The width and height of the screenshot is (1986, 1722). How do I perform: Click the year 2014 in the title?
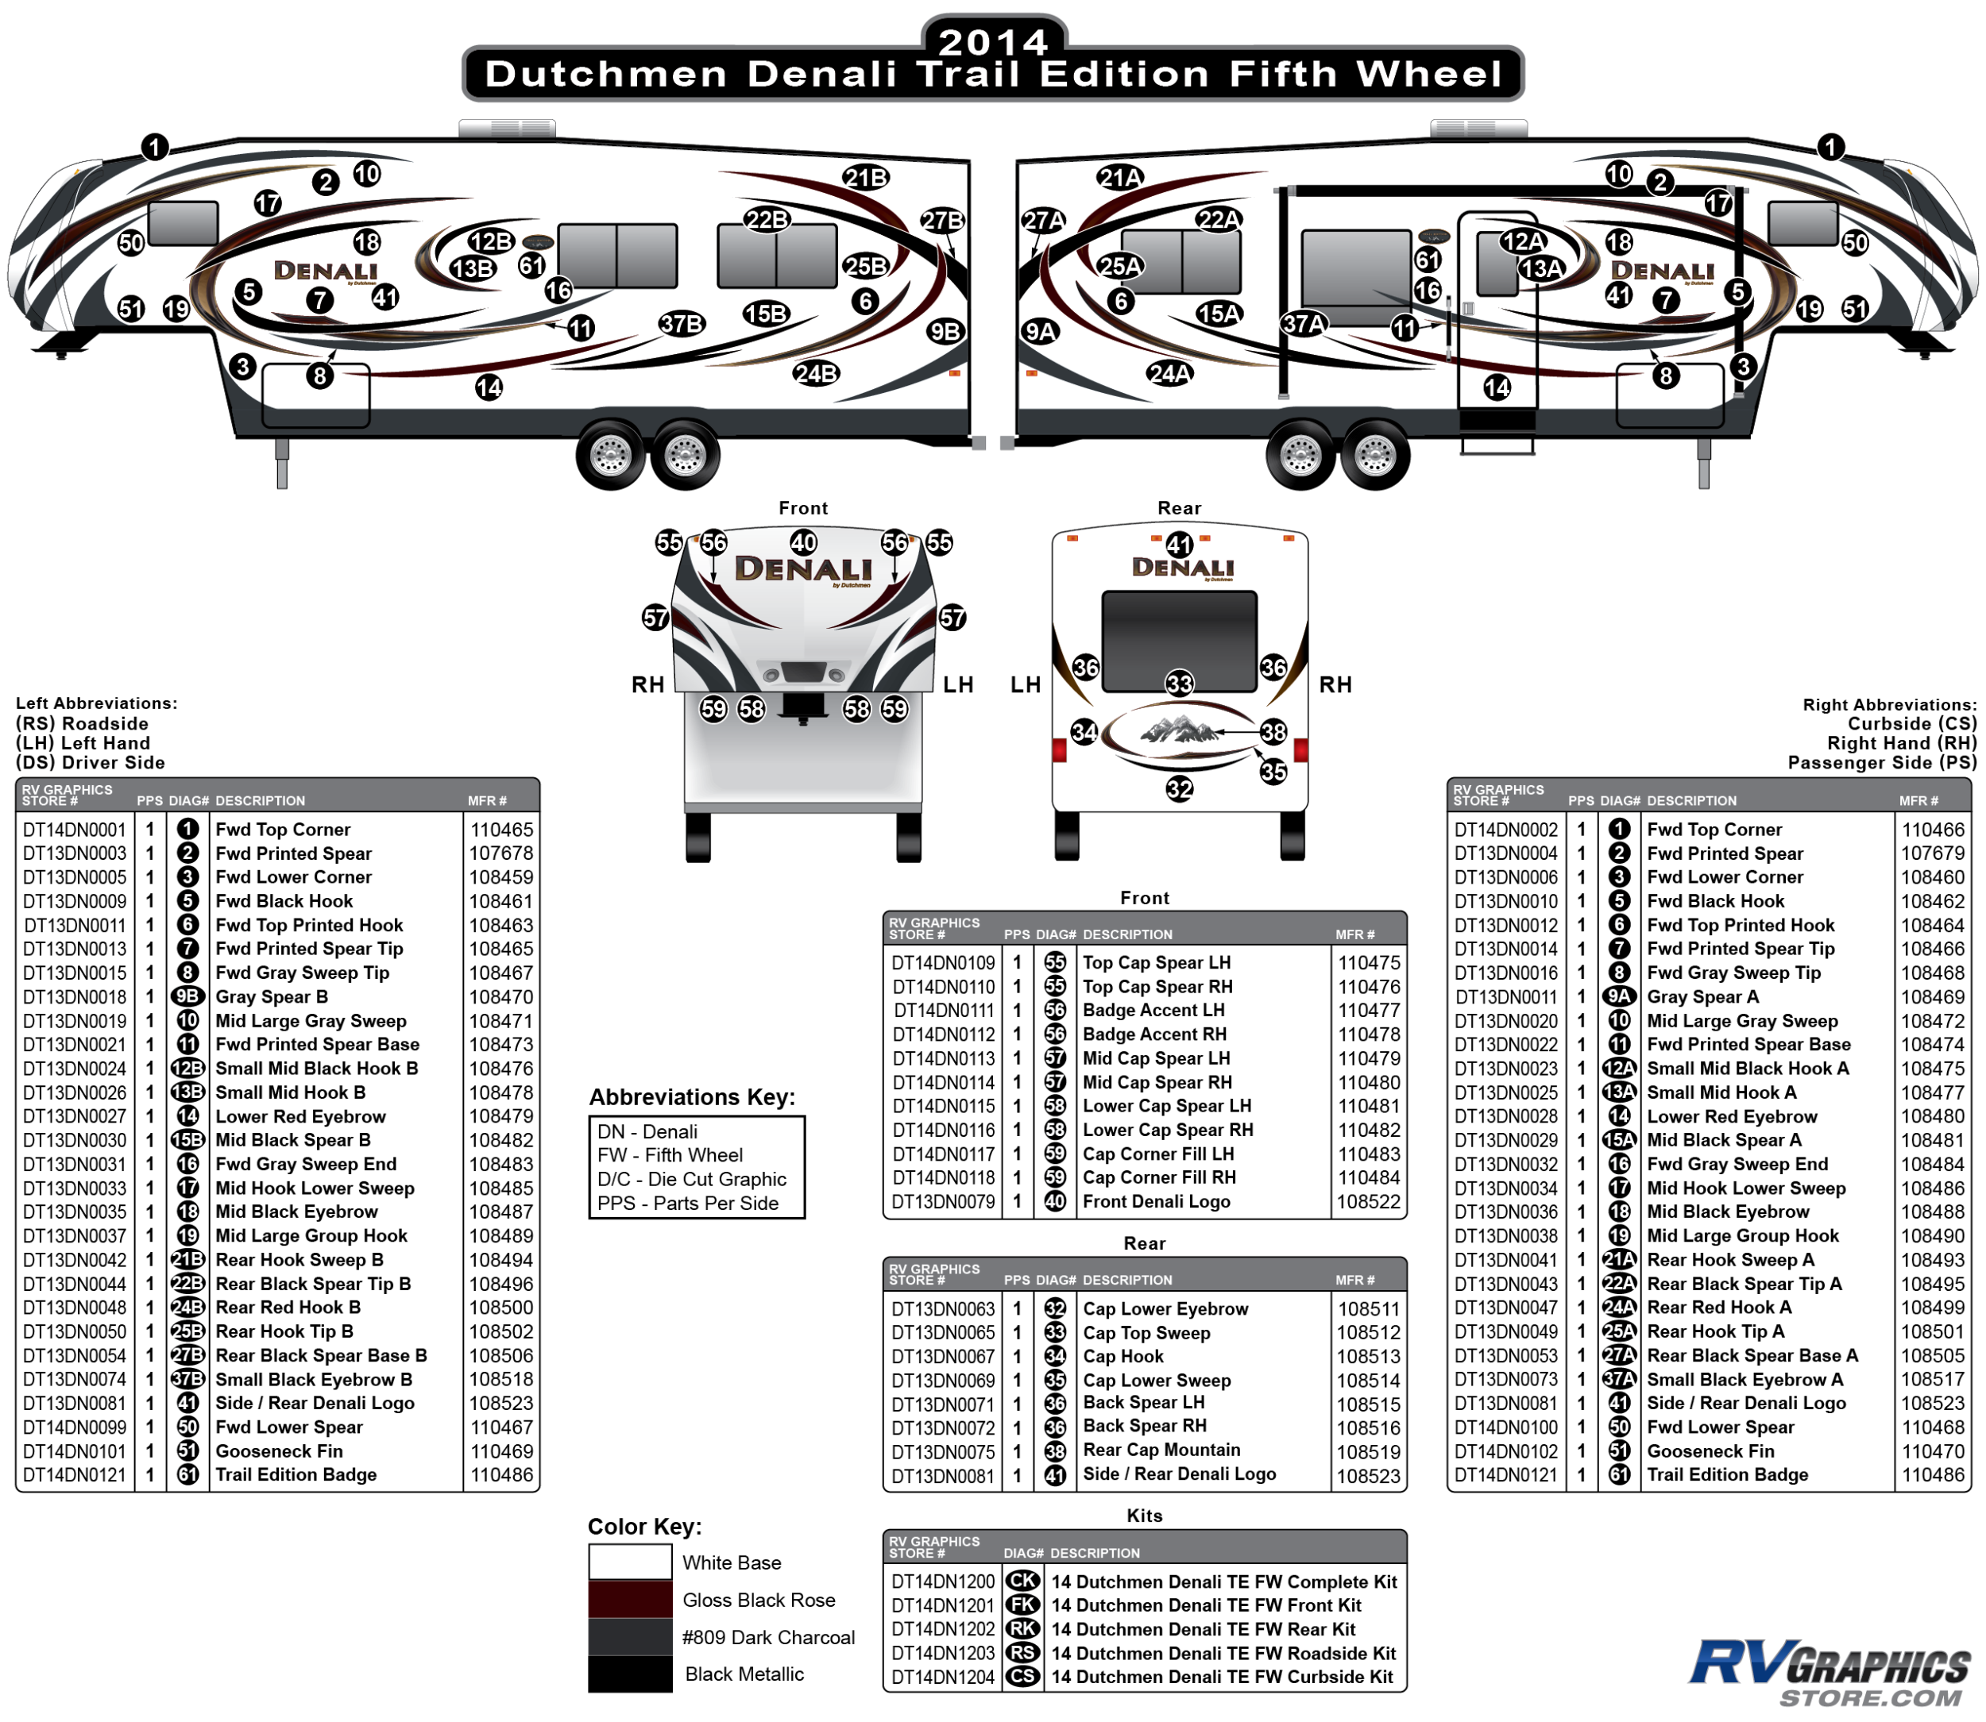point(993,41)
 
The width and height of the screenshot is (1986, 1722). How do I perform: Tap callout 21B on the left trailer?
point(865,178)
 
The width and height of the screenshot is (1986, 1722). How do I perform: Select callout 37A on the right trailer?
point(1304,324)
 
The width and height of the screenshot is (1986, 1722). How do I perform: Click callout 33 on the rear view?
point(1179,684)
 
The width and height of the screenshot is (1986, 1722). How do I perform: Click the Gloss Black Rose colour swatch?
point(630,1599)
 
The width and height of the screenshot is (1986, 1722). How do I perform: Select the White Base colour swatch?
point(630,1562)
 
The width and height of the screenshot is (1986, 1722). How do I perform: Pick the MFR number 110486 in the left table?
point(500,1474)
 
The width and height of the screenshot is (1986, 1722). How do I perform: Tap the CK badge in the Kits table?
point(1022,1581)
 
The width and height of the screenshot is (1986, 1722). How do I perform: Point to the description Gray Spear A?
point(1702,996)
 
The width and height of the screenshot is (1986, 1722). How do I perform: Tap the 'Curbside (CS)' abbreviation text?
point(1911,723)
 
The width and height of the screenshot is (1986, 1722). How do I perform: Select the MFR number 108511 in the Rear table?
point(1368,1309)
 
